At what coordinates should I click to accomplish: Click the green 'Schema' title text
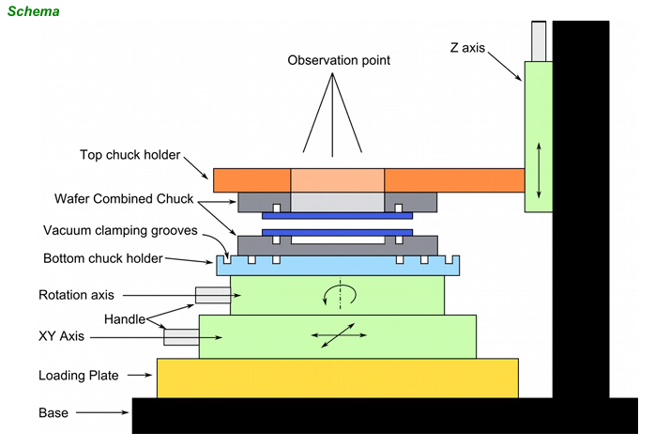34,12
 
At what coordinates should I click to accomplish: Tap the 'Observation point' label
339,61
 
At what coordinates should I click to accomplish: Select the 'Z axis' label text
466,47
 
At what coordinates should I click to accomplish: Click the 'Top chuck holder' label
129,155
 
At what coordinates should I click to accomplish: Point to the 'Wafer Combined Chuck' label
123,199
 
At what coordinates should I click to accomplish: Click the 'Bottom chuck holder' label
103,258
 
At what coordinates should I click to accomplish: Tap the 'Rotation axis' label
75,295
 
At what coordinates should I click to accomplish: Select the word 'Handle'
125,319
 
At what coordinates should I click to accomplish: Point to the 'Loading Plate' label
78,376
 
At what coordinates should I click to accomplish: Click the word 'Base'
53,412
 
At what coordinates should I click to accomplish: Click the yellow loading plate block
337,378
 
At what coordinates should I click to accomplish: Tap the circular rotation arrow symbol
338,296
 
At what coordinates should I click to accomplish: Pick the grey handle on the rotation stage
212,295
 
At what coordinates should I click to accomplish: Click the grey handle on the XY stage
181,335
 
